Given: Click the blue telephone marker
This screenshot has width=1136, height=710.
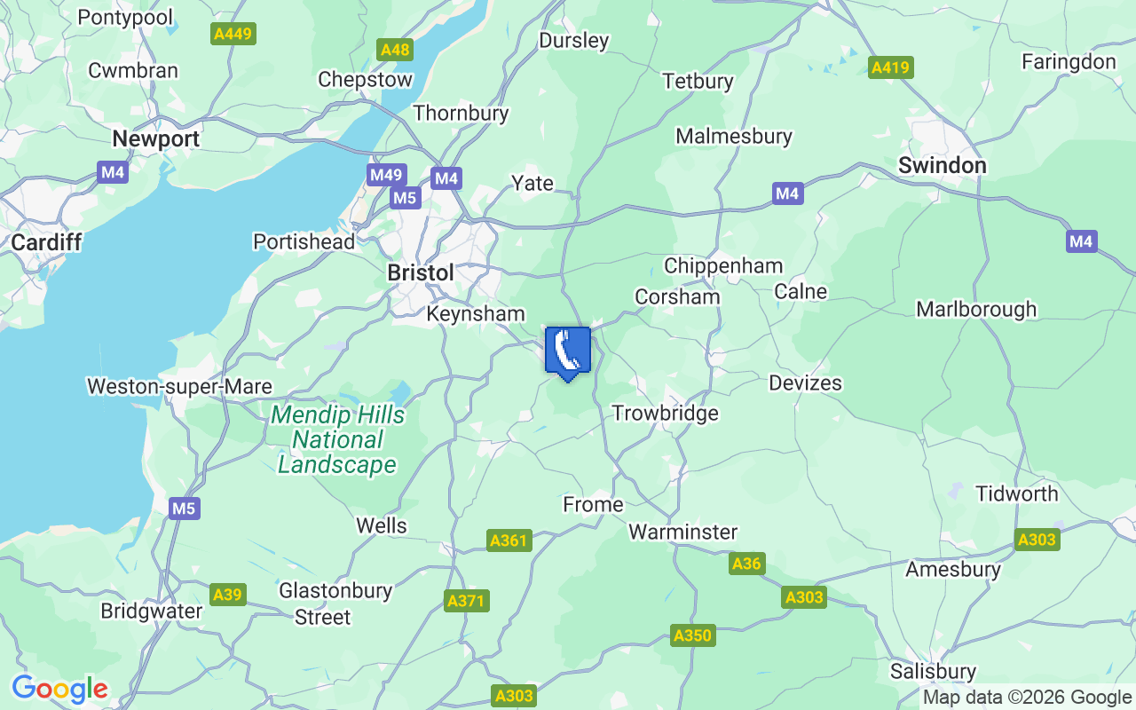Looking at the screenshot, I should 567,351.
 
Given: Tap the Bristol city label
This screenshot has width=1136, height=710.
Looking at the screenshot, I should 421,272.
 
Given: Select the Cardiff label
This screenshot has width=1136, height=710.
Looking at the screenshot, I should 46,241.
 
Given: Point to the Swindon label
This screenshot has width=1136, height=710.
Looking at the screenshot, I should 942,165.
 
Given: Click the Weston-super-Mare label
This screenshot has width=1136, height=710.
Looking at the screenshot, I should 179,386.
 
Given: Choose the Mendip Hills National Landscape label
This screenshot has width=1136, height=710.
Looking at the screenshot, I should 337,440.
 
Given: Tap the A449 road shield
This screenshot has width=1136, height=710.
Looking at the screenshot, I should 233,35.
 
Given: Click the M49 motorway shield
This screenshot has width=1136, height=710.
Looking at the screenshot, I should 386,175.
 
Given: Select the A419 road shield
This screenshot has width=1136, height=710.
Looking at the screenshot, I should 891,67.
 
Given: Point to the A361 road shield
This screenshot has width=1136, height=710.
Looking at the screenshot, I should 509,540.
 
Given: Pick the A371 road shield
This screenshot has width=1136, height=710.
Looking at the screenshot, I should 466,601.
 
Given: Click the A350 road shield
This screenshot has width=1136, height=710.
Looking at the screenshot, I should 692,635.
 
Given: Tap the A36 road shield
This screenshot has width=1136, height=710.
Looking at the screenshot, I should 745,564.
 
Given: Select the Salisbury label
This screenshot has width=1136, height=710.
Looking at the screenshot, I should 934,671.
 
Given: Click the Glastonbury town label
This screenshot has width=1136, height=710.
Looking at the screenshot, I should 335,590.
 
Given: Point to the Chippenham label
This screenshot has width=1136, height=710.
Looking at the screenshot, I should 723,265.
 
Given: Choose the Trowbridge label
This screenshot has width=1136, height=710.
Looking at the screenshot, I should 665,413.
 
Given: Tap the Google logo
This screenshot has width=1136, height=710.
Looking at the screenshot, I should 59,689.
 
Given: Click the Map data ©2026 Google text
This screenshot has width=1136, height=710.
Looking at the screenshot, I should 1027,698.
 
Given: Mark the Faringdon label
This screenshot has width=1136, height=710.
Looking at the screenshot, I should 1069,61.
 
